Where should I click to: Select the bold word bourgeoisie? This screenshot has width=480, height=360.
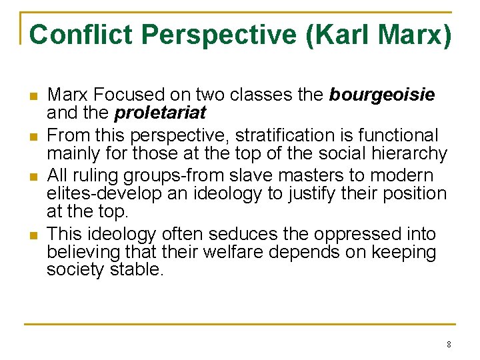pos(382,95)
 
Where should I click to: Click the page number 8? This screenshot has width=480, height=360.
pos(449,345)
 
